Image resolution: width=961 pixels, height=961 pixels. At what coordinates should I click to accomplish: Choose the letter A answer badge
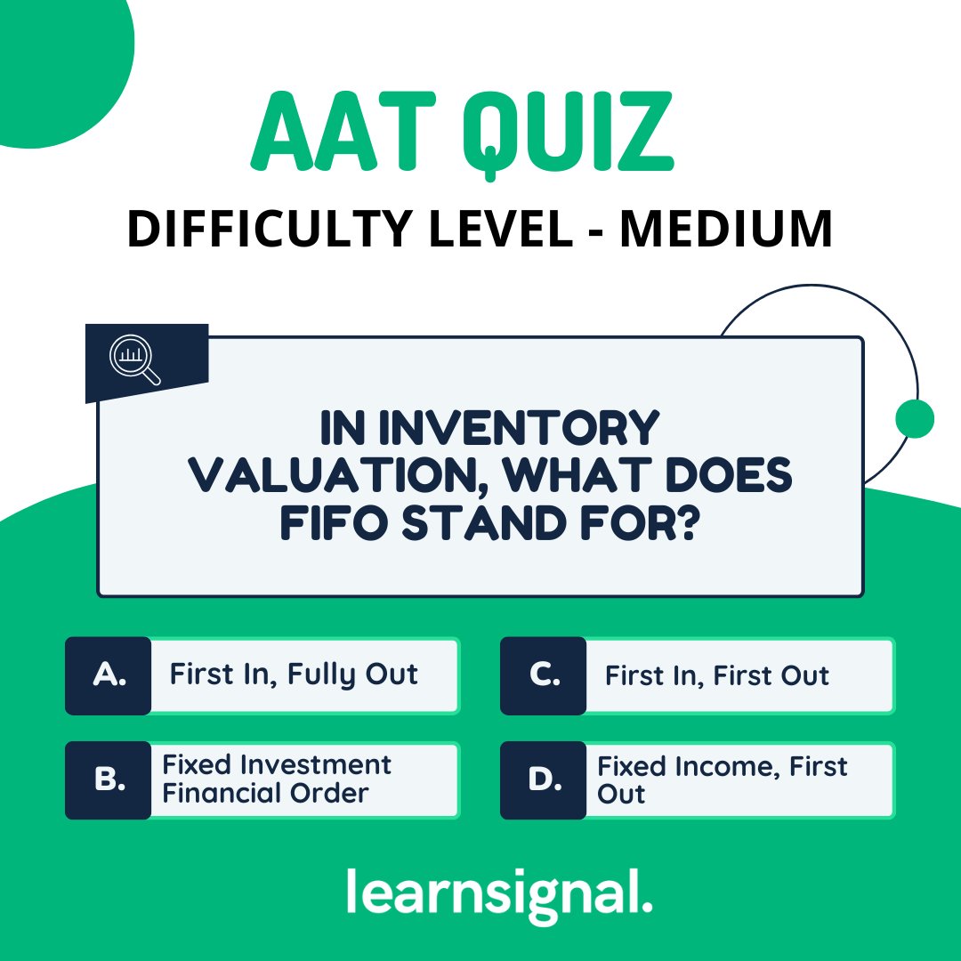[x=109, y=675]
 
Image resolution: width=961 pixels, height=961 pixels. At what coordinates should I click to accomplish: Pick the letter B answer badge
[x=109, y=780]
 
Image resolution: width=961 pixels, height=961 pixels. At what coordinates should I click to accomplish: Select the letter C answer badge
[x=543, y=675]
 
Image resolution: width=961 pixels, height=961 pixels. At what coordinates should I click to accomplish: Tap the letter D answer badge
[x=543, y=780]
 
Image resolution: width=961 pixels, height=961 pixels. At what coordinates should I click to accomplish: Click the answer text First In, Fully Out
[x=294, y=675]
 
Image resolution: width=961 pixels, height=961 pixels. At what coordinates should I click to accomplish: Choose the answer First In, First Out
[x=717, y=676]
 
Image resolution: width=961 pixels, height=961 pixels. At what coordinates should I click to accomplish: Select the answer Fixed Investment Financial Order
[x=277, y=779]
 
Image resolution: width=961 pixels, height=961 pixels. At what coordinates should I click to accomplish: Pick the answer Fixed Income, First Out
[x=722, y=779]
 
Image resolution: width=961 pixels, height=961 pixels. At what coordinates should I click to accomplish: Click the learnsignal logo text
[x=499, y=892]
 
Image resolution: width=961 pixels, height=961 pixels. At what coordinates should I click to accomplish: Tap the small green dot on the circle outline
[x=914, y=418]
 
